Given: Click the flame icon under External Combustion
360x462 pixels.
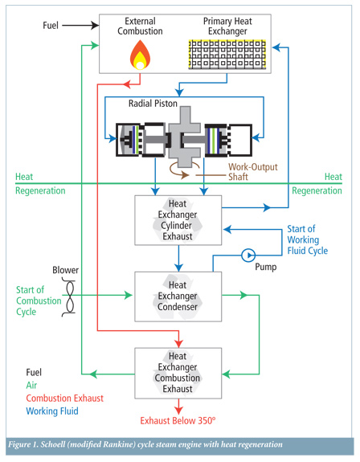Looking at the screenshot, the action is (x=141, y=55).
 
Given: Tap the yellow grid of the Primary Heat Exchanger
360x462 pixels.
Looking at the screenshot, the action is (x=227, y=54).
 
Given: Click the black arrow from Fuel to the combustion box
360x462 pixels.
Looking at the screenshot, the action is (x=80, y=26).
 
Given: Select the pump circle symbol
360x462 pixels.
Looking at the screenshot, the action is (x=248, y=256).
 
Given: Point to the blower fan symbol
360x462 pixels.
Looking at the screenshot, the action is (x=70, y=298).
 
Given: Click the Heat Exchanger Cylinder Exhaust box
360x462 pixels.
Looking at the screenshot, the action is (x=178, y=220).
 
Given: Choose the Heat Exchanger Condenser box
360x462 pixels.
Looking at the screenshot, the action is (x=178, y=296).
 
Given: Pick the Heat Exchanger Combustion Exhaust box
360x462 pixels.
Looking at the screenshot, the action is (x=178, y=374).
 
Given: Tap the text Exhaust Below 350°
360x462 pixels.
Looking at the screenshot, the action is (x=178, y=420).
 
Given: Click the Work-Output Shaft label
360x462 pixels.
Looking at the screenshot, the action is (x=253, y=172).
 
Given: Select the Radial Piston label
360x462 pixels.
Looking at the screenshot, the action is (x=153, y=104).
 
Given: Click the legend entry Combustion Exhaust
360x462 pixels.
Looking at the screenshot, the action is (x=65, y=398).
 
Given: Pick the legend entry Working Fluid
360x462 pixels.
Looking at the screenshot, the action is (x=52, y=411).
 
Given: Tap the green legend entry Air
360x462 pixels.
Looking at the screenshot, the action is (x=31, y=385).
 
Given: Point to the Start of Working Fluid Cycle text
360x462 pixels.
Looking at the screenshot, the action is (x=307, y=239).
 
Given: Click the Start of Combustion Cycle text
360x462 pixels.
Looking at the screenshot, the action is (x=39, y=301).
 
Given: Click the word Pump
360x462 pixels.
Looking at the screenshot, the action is (x=266, y=267).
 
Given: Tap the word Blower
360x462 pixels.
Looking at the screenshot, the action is (x=65, y=270).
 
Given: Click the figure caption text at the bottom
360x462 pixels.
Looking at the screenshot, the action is (x=145, y=444).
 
